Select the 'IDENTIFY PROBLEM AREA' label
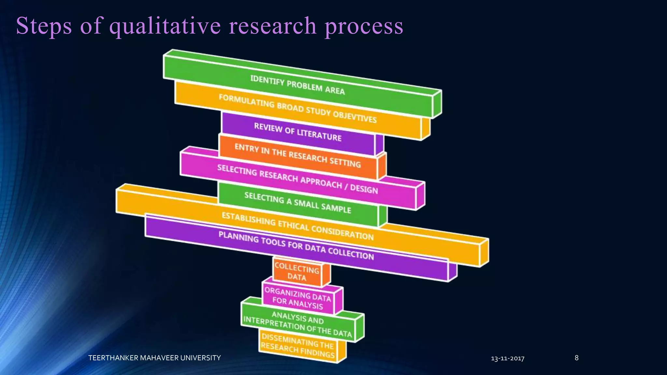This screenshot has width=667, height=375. (297, 85)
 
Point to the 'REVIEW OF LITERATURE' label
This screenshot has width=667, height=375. (298, 132)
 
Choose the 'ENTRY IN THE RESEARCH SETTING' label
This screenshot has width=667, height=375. (298, 156)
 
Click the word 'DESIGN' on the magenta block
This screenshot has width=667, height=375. (364, 189)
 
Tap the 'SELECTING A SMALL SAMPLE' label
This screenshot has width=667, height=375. (298, 202)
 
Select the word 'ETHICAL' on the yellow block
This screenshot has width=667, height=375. (293, 225)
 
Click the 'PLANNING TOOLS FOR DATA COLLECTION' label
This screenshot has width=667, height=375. (296, 246)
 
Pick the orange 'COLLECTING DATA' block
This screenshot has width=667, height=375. (297, 272)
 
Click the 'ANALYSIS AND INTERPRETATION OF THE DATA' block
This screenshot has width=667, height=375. (298, 324)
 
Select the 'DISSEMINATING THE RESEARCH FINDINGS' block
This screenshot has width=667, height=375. (298, 346)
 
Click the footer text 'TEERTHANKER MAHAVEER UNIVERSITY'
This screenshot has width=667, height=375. (154, 358)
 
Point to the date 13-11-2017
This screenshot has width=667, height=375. (507, 358)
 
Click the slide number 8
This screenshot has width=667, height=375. (576, 358)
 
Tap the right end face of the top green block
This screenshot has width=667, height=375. (437, 104)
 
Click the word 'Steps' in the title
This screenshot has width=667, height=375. (44, 26)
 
